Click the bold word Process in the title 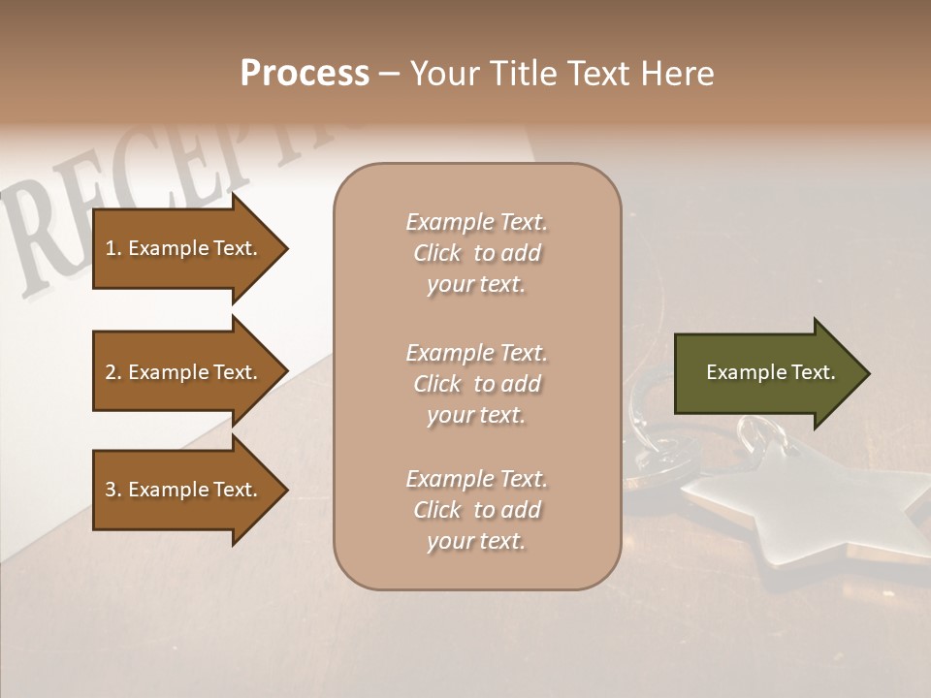(x=305, y=74)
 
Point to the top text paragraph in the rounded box (x=476, y=253)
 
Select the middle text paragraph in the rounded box (x=476, y=384)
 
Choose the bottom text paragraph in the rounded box (x=476, y=510)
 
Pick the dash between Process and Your (x=390, y=75)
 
